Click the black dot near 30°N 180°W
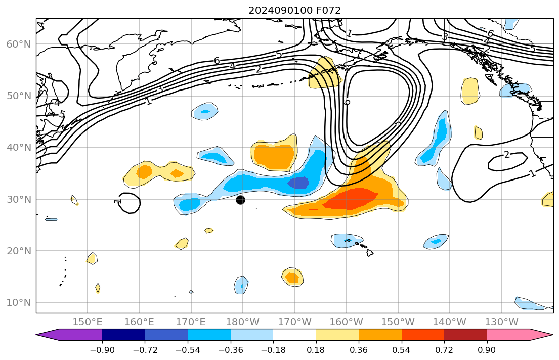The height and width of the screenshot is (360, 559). (240, 200)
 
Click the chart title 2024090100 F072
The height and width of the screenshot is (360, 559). (294, 10)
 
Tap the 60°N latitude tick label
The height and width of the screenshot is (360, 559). (18, 44)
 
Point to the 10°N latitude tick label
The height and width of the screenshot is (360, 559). (18, 303)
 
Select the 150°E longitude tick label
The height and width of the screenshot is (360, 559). (88, 322)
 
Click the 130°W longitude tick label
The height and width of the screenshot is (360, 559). (501, 322)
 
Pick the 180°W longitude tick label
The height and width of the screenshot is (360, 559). (243, 322)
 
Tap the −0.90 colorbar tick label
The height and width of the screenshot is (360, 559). (102, 350)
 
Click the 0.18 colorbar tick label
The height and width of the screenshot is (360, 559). (316, 350)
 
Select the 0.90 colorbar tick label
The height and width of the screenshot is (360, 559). (487, 350)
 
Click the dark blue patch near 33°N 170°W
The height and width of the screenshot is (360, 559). (298, 183)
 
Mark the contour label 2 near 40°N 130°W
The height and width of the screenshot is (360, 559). (507, 155)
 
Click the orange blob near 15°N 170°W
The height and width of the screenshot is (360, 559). (292, 277)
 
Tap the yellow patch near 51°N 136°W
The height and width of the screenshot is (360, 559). (470, 91)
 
